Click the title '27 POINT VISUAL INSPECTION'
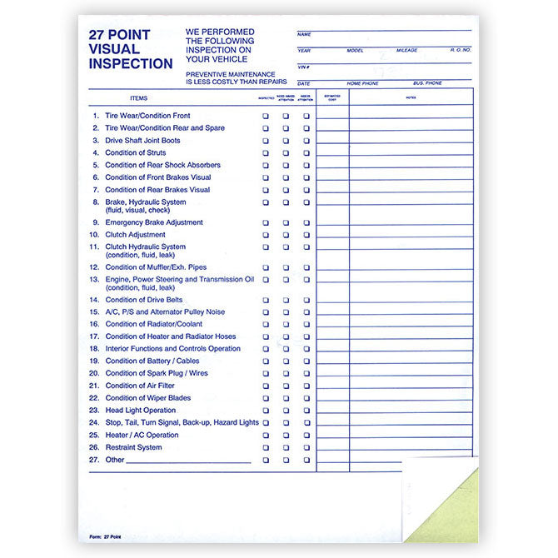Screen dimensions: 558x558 pyautogui.click(x=131, y=50)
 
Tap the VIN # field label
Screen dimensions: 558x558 pyautogui.click(x=303, y=67)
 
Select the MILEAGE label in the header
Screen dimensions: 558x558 pyautogui.click(x=406, y=50)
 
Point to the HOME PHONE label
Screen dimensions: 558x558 pyautogui.click(x=361, y=83)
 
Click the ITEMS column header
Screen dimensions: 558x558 pyautogui.click(x=138, y=98)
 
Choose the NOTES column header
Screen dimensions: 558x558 pyautogui.click(x=411, y=98)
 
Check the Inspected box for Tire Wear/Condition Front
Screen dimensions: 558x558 pyautogui.click(x=266, y=117)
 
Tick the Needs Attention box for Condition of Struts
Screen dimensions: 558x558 pyautogui.click(x=286, y=153)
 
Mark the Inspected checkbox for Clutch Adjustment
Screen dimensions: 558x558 pyautogui.click(x=266, y=235)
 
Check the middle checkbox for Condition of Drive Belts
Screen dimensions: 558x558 pyautogui.click(x=286, y=300)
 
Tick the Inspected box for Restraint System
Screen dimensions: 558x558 pyautogui.click(x=266, y=447)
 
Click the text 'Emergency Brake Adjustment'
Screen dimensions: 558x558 pyautogui.click(x=153, y=222)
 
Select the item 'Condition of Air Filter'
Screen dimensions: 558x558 pyautogui.click(x=139, y=386)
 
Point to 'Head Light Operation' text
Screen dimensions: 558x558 pyautogui.click(x=140, y=411)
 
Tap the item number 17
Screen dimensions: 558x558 pyautogui.click(x=95, y=336)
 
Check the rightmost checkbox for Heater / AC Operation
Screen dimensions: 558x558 pyautogui.click(x=306, y=435)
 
